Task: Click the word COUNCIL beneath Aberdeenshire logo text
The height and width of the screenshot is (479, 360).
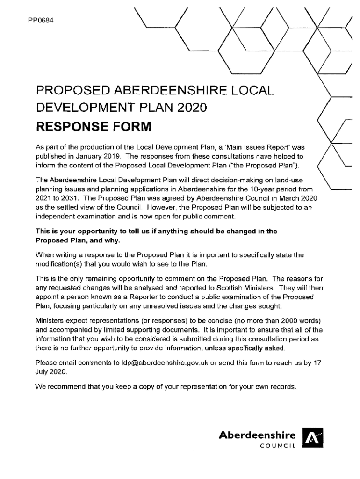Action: pos(278,446)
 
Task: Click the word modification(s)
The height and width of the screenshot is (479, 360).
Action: pos(58,264)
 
